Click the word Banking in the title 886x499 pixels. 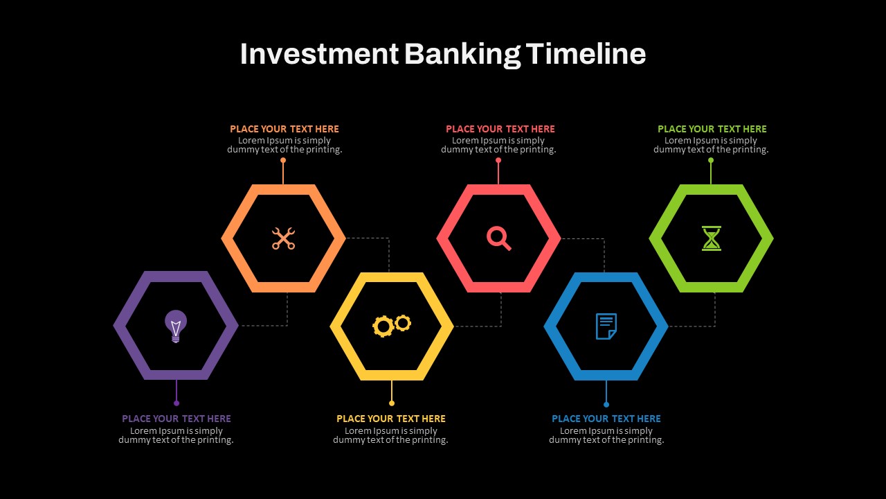point(462,54)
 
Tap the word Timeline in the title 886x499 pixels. point(586,53)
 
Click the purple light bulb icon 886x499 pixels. point(176,326)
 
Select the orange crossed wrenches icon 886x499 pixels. point(283,238)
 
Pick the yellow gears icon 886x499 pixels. point(392,326)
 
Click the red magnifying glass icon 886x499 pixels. point(499,238)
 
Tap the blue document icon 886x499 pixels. point(606,326)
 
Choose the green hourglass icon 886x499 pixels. point(712,238)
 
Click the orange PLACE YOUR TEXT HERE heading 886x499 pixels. point(284,129)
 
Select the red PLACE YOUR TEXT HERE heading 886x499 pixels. point(500,129)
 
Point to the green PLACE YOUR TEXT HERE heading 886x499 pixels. point(712,129)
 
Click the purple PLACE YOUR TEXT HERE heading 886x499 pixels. point(177,419)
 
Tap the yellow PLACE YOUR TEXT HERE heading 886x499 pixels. point(391,419)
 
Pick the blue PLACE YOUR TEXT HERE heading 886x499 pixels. point(606,419)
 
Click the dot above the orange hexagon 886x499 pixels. point(283,160)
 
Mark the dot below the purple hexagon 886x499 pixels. point(177,403)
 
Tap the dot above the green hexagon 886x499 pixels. point(711,160)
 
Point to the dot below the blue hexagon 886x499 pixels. point(606,404)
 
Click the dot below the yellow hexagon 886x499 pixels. point(392,403)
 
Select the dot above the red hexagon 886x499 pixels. point(498,160)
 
